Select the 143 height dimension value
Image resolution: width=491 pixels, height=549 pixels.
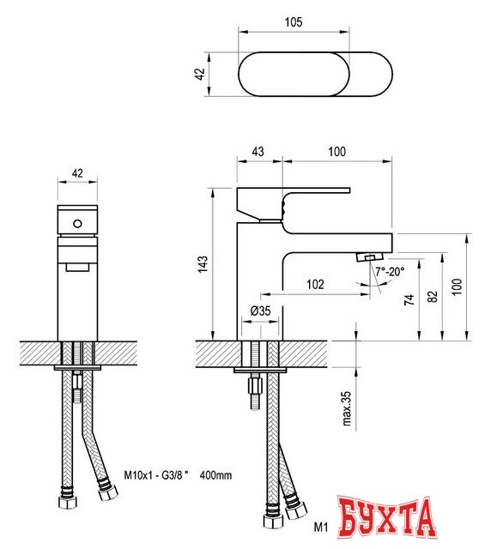203,264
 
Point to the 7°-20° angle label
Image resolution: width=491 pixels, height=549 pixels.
390,271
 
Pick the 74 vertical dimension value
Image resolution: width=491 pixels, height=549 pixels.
409,299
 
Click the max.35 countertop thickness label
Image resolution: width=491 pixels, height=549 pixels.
349,410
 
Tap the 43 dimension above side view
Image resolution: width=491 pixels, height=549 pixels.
257,152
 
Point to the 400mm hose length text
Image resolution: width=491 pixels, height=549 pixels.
216,474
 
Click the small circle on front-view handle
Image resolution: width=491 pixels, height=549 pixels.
77,224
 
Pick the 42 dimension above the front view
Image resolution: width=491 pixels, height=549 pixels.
77,173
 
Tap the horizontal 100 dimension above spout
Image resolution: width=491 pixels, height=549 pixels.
336,152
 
